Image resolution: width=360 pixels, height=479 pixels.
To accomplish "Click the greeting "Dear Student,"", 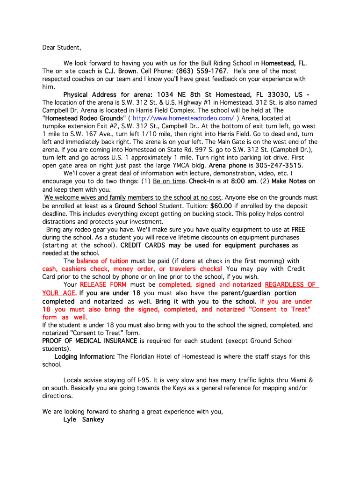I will tap(62, 47).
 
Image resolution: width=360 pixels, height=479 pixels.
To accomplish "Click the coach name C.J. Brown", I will tap(121, 71).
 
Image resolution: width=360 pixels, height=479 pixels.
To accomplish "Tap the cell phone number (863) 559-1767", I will tap(202, 71).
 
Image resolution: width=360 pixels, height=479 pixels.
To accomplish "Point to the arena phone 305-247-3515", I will tap(279, 166).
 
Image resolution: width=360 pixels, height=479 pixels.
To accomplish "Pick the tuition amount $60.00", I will tap(221, 206).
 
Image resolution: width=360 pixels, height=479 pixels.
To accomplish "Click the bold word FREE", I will tap(298, 230).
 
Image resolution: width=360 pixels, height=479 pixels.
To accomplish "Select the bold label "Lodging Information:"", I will tap(85, 356).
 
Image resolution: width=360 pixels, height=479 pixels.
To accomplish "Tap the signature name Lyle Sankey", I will tap(84, 420).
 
